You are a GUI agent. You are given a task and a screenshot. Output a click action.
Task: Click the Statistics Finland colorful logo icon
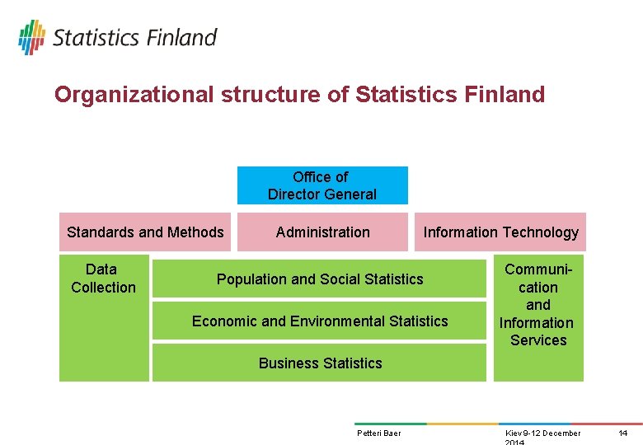pyautogui.click(x=31, y=37)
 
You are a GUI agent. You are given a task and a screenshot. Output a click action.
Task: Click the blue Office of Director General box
pyautogui.click(x=322, y=185)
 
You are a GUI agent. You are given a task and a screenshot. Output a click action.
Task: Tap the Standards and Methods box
pyautogui.click(x=145, y=232)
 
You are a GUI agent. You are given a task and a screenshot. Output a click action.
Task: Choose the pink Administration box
pyautogui.click(x=322, y=232)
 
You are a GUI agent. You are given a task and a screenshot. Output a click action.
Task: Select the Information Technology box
pyautogui.click(x=500, y=232)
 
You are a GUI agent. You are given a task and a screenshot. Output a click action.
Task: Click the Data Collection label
pyautogui.click(x=103, y=279)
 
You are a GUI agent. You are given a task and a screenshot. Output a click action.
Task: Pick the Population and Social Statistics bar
pyautogui.click(x=320, y=279)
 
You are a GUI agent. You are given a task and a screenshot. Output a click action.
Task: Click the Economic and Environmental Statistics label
pyautogui.click(x=320, y=321)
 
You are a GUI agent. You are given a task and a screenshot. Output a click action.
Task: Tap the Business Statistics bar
pyautogui.click(x=320, y=363)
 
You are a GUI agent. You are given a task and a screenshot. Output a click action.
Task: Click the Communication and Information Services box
pyautogui.click(x=537, y=305)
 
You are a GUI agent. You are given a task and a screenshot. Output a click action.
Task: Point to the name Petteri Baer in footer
pyautogui.click(x=378, y=433)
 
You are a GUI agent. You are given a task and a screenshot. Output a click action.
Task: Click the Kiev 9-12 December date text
pyautogui.click(x=542, y=433)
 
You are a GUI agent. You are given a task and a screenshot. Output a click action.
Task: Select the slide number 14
pyautogui.click(x=623, y=433)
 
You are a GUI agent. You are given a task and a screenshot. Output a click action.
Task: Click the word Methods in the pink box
pyautogui.click(x=196, y=232)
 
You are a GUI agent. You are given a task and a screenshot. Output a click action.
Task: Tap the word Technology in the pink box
pyautogui.click(x=542, y=232)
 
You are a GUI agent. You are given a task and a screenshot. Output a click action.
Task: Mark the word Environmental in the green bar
pyautogui.click(x=337, y=321)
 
